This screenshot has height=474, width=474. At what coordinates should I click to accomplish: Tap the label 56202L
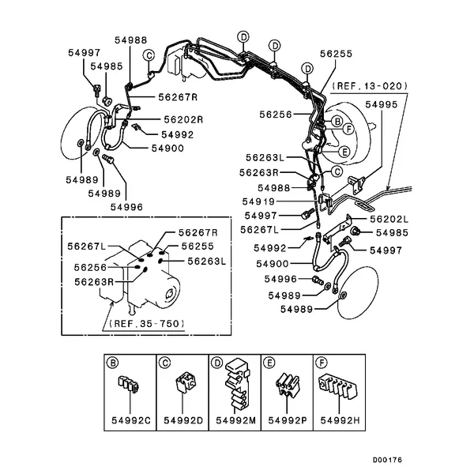[389, 219]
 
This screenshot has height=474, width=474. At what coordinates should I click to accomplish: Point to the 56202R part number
[183, 119]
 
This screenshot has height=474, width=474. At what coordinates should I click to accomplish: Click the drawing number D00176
[388, 458]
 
